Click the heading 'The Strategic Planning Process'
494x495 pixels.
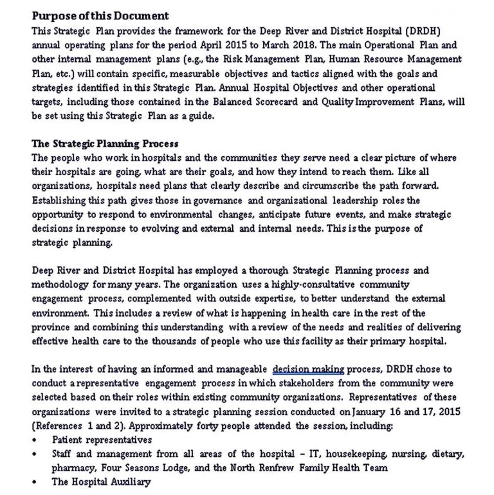pyautogui.click(x=105, y=144)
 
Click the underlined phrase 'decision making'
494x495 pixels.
pyautogui.click(x=309, y=369)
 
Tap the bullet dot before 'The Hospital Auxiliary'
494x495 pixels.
pyautogui.click(x=34, y=482)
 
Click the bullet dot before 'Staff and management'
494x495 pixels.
pyautogui.click(x=34, y=454)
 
